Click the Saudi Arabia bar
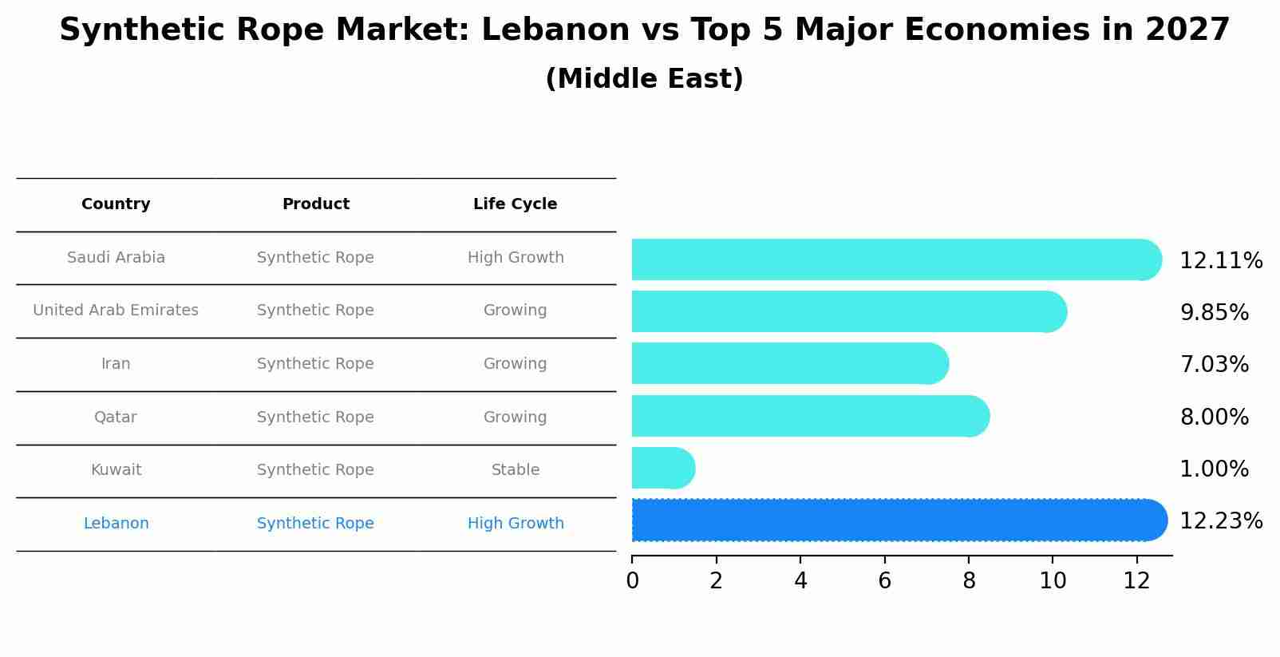pyautogui.click(x=894, y=259)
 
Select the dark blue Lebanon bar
pyautogui.click(x=898, y=520)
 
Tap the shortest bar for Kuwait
pyautogui.click(x=662, y=468)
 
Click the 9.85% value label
pyautogui.click(x=1214, y=313)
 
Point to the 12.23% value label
pyautogui.click(x=1220, y=521)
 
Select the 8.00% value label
pyautogui.click(x=1214, y=418)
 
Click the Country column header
pyautogui.click(x=116, y=204)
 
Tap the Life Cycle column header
pyautogui.click(x=515, y=204)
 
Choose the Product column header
pyautogui.click(x=315, y=204)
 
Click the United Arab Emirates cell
pyautogui.click(x=116, y=311)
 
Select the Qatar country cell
pyautogui.click(x=116, y=418)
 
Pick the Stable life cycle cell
pyautogui.click(x=515, y=470)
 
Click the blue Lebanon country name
pyautogui.click(x=116, y=524)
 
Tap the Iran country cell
pyautogui.click(x=116, y=364)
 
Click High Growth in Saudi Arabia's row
pyautogui.click(x=515, y=258)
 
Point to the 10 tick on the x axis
pyautogui.click(x=1053, y=580)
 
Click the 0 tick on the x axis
pyautogui.click(x=632, y=580)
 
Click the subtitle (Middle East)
pyautogui.click(x=644, y=79)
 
